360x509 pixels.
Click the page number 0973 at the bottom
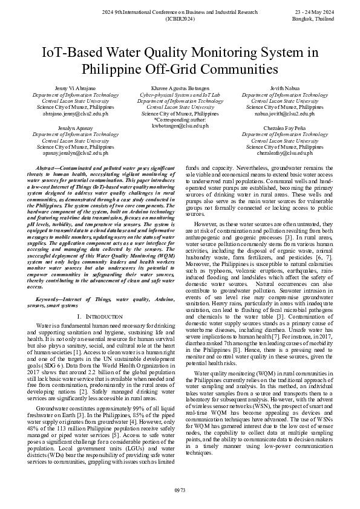point(180,489)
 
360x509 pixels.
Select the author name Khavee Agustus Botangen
point(180,89)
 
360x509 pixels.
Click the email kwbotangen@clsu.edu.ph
point(180,126)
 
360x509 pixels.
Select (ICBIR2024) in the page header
point(180,19)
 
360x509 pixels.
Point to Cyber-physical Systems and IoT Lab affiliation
point(180,95)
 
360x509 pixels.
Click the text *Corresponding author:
point(180,120)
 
